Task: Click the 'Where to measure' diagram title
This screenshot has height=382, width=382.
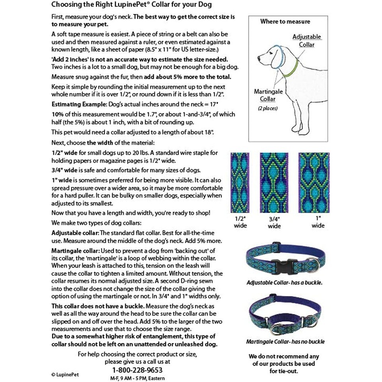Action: pyautogui.click(x=285, y=21)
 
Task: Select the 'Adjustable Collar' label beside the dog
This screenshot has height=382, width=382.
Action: pyautogui.click(x=306, y=41)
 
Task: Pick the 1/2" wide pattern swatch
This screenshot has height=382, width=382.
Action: pyautogui.click(x=240, y=182)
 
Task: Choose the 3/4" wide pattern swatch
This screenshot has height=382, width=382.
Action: pyautogui.click(x=274, y=182)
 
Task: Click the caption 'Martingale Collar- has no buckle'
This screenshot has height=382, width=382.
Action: pyautogui.click(x=285, y=341)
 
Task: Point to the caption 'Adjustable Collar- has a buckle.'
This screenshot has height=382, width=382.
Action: pyautogui.click(x=284, y=283)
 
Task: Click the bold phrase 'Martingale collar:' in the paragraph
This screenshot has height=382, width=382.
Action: pyautogui.click(x=75, y=251)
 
